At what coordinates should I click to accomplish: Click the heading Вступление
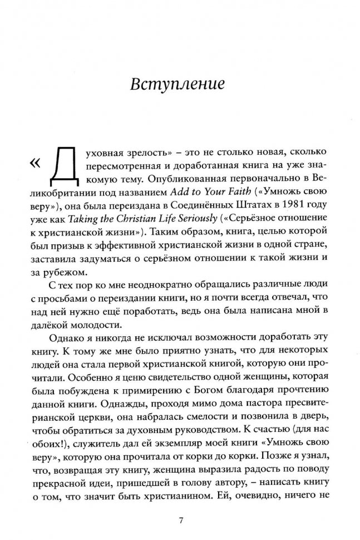[177, 85]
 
